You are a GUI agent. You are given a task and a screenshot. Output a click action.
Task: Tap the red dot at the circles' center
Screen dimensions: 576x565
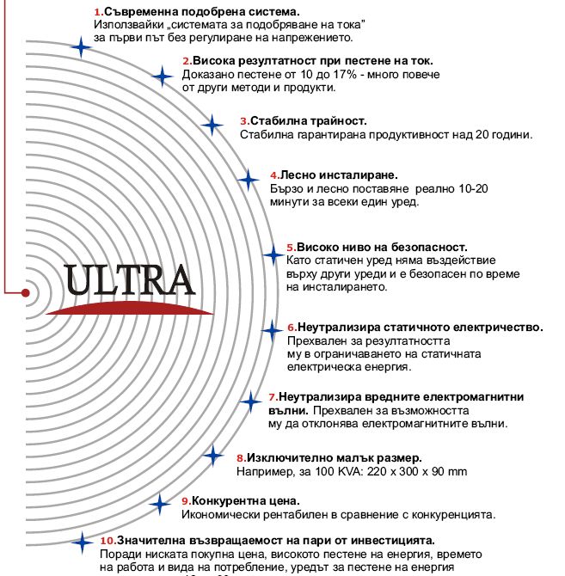point(25,293)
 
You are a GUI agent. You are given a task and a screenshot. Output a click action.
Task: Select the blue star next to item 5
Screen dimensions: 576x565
point(273,254)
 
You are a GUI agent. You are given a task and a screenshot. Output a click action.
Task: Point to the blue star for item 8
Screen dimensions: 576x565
point(212,454)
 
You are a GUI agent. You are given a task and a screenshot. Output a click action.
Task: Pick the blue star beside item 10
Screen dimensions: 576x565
point(82,542)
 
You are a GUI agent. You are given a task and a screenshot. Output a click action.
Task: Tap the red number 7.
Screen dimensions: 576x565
point(272,397)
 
